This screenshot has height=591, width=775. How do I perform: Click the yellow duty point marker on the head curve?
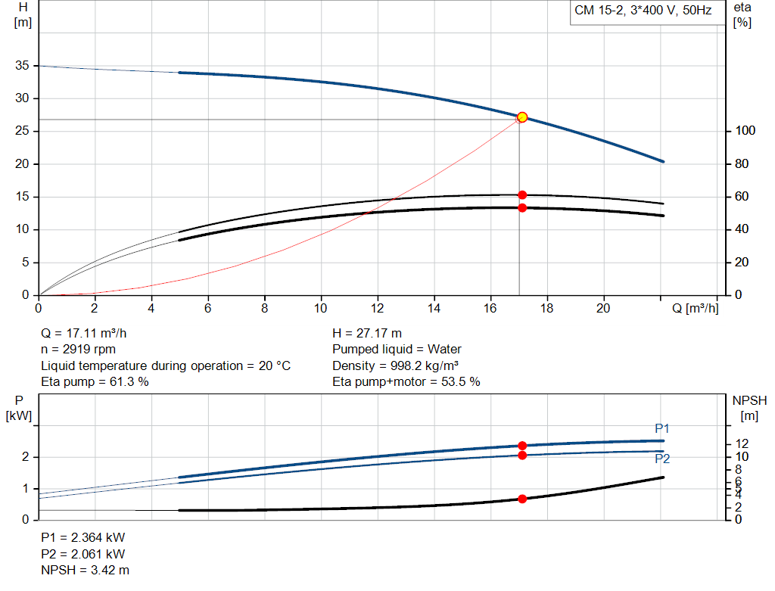(521, 117)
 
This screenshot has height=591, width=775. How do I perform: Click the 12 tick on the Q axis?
(378, 308)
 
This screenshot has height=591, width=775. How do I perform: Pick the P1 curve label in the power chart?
(662, 429)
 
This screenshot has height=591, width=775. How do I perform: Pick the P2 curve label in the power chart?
(662, 459)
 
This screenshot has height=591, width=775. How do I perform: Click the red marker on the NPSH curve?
(521, 499)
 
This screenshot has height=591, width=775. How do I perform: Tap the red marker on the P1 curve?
(521, 446)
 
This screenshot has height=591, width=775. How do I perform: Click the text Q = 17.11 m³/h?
(89, 333)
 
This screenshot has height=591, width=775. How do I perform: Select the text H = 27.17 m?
(367, 333)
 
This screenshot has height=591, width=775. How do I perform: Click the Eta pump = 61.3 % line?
(95, 382)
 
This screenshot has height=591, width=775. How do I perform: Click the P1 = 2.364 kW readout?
(82, 537)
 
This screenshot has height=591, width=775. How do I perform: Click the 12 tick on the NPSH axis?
(742, 443)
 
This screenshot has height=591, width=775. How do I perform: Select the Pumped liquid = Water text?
(397, 350)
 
